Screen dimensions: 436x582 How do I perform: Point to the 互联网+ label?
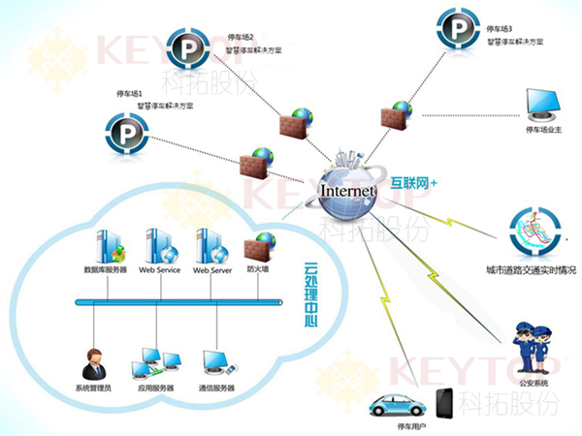coord(415,181)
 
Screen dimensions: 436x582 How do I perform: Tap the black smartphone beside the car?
coord(445,404)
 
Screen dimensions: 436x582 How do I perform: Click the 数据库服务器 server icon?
coord(106,245)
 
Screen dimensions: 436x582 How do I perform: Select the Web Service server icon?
coord(160,245)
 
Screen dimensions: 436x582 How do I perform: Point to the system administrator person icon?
coord(94,364)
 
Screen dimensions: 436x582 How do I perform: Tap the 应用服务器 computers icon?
coord(155,362)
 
